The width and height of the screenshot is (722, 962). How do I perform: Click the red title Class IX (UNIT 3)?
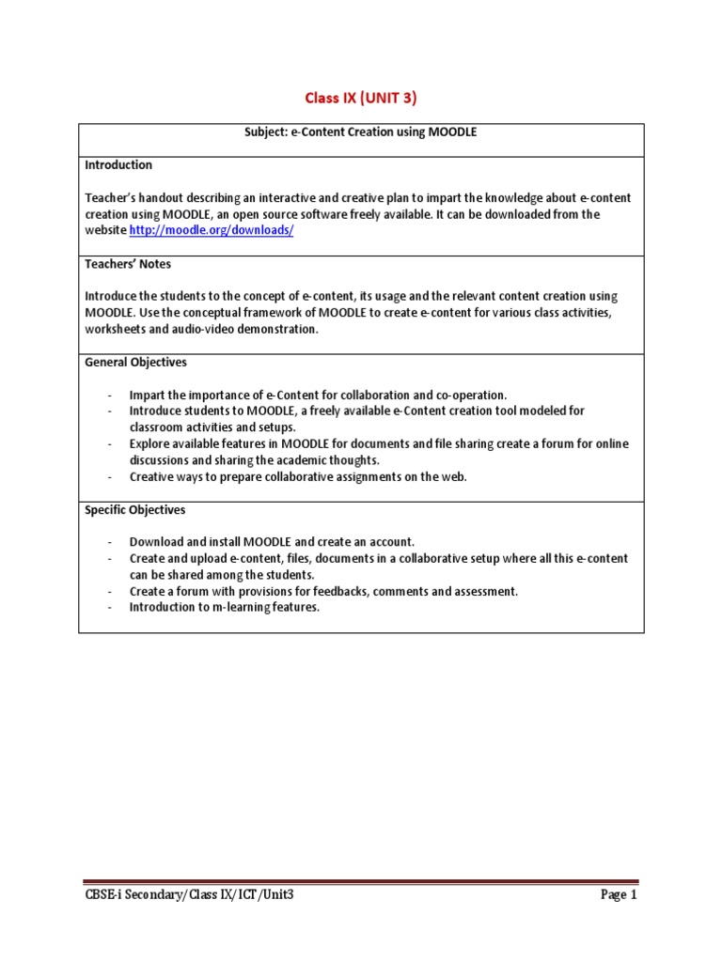[361, 98]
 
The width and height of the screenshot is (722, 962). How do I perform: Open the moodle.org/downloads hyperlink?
[212, 231]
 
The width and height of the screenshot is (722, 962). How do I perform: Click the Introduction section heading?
[118, 165]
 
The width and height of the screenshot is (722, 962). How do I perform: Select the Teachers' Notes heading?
[128, 264]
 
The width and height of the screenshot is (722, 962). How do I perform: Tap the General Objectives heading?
[135, 363]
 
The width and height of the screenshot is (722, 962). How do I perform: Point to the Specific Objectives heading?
[135, 510]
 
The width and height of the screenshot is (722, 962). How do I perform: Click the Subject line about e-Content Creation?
[361, 132]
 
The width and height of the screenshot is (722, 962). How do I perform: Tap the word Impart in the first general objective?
[147, 395]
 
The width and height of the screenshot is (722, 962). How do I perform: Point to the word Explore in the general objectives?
[149, 443]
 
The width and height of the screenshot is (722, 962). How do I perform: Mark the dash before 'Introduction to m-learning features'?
[110, 607]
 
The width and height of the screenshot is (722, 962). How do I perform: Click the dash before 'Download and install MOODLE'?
[110, 542]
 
